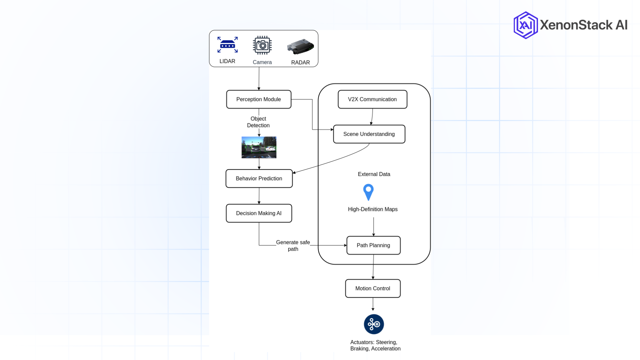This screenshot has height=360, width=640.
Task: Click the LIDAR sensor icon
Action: tap(227, 45)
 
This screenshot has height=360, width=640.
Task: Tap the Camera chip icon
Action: tap(262, 45)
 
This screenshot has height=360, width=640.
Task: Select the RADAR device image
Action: tap(300, 47)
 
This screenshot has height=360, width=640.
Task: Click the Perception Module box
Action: tap(259, 99)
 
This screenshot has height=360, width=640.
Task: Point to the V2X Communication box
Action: tap(372, 99)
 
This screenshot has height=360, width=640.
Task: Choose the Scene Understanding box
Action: tap(369, 134)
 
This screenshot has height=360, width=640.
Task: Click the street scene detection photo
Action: tap(259, 147)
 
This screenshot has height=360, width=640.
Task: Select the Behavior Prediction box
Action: tap(259, 179)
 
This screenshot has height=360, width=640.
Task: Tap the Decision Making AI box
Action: tap(259, 213)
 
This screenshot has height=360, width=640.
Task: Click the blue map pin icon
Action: tap(368, 192)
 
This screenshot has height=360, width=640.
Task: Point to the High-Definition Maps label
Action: tap(373, 209)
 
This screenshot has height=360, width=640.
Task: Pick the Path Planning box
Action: tap(373, 245)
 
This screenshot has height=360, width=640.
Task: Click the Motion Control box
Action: tap(373, 288)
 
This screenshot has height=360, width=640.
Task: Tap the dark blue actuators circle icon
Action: tap(374, 324)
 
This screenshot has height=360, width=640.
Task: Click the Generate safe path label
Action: tap(293, 246)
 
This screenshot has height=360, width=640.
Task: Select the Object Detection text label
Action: tap(258, 122)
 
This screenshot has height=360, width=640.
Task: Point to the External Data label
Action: tap(374, 174)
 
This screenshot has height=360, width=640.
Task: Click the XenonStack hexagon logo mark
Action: tap(526, 25)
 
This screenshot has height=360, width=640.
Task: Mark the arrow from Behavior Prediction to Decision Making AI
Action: tap(259, 196)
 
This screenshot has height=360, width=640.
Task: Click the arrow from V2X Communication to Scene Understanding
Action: tap(372, 117)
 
